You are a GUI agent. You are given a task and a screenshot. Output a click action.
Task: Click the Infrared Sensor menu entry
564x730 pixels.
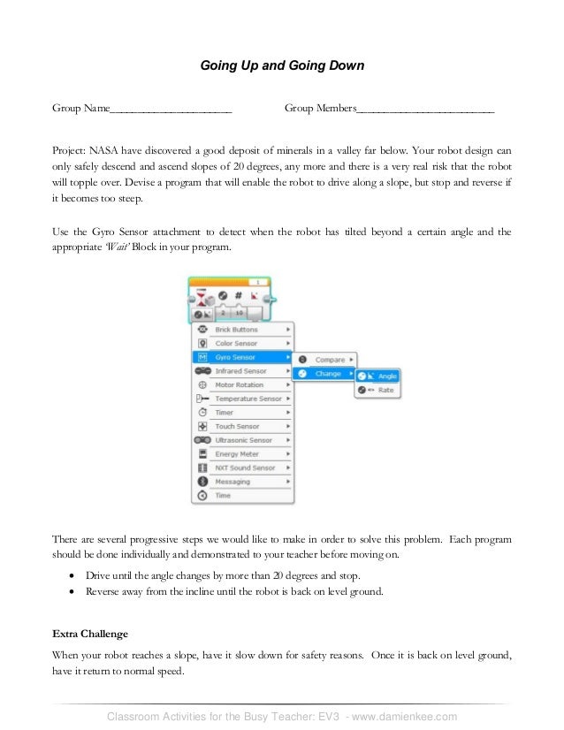241,371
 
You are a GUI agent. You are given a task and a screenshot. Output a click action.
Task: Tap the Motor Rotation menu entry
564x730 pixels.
241,385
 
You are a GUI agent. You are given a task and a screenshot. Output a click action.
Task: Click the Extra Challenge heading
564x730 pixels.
90,634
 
